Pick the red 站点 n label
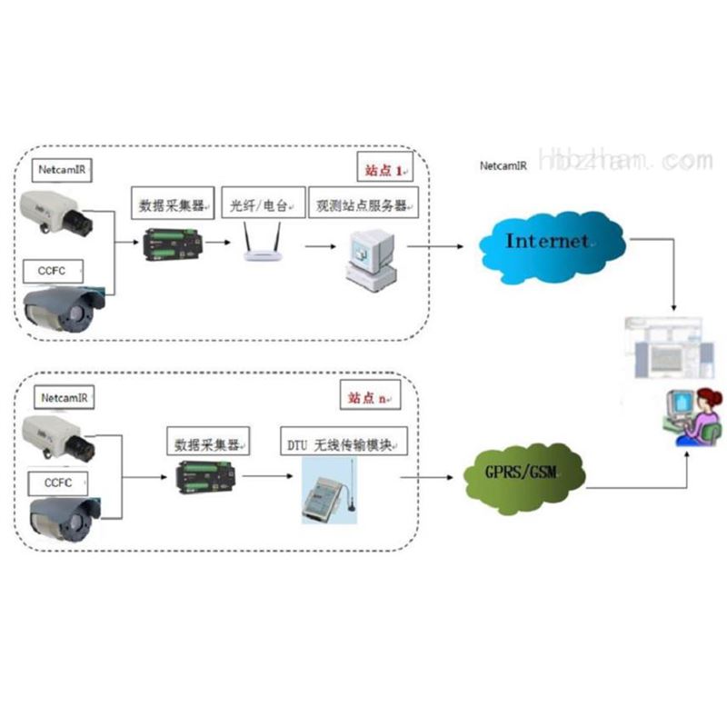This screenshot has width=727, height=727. [369, 396]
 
